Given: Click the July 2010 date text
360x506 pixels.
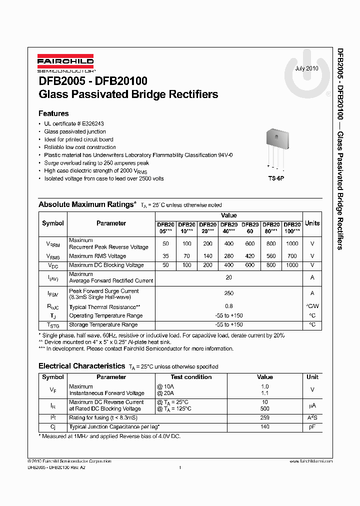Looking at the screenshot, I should (306, 68).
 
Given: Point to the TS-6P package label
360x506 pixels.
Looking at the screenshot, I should (275, 178).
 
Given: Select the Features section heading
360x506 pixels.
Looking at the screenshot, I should (53, 113).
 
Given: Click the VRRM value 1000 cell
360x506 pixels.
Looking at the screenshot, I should (292, 243).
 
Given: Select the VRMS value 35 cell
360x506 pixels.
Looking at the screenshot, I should (165, 256).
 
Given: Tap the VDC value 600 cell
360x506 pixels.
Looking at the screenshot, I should (250, 265).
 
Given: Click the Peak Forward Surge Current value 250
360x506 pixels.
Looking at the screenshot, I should (228, 293).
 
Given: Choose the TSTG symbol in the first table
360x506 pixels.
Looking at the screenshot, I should (53, 325).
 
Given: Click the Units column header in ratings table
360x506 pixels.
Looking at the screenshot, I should (312, 223).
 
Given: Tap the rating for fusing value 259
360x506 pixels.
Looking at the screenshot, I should (264, 418).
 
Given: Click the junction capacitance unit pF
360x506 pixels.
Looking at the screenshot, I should (312, 427).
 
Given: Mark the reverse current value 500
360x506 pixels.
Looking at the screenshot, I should (264, 408).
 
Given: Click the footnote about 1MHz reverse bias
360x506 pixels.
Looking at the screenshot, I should (109, 436).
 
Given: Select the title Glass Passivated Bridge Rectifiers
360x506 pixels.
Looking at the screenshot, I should (128, 94).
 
